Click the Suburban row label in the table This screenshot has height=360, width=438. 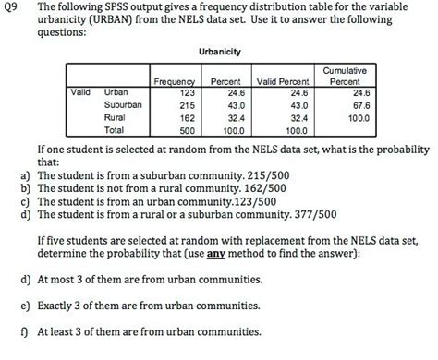tap(125, 105)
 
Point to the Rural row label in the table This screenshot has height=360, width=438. tap(116, 118)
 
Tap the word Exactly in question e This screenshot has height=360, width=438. tap(55, 306)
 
